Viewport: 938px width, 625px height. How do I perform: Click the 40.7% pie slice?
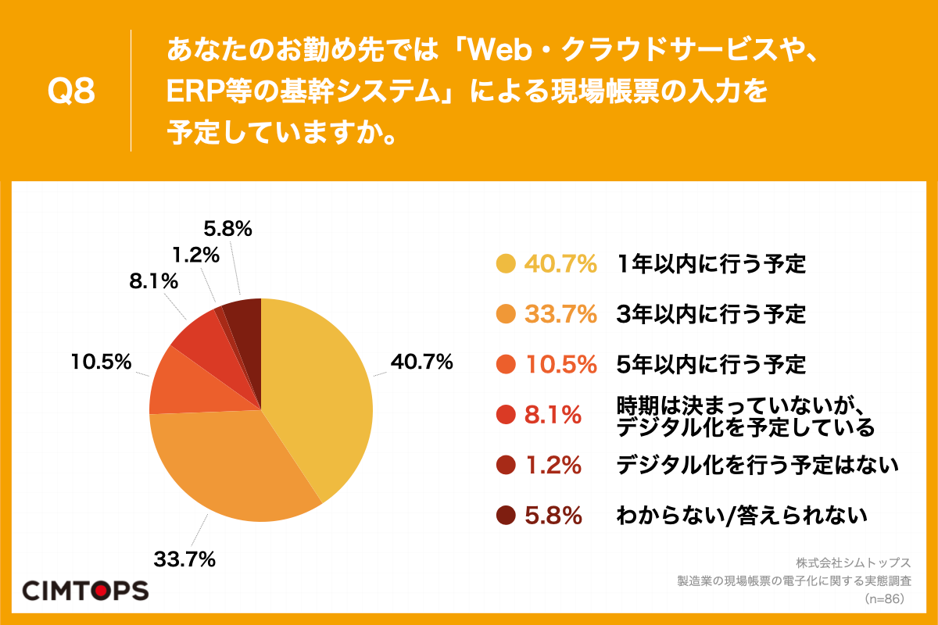pyautogui.click(x=320, y=391)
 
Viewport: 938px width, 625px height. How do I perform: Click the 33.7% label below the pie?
pyautogui.click(x=184, y=559)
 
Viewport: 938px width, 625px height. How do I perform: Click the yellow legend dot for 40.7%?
pyautogui.click(x=506, y=264)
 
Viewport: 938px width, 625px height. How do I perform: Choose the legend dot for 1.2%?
pyautogui.click(x=506, y=466)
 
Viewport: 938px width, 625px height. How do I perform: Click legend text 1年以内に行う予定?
pyautogui.click(x=711, y=264)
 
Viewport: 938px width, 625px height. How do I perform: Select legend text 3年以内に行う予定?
pyautogui.click(x=711, y=314)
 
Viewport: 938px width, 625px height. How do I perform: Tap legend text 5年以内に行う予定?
pyautogui.click(x=711, y=364)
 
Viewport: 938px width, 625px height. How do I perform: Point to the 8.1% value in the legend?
pyautogui.click(x=553, y=415)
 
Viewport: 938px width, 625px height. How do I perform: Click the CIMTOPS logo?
pyautogui.click(x=84, y=590)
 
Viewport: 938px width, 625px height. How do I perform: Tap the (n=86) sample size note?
pyautogui.click(x=884, y=599)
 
